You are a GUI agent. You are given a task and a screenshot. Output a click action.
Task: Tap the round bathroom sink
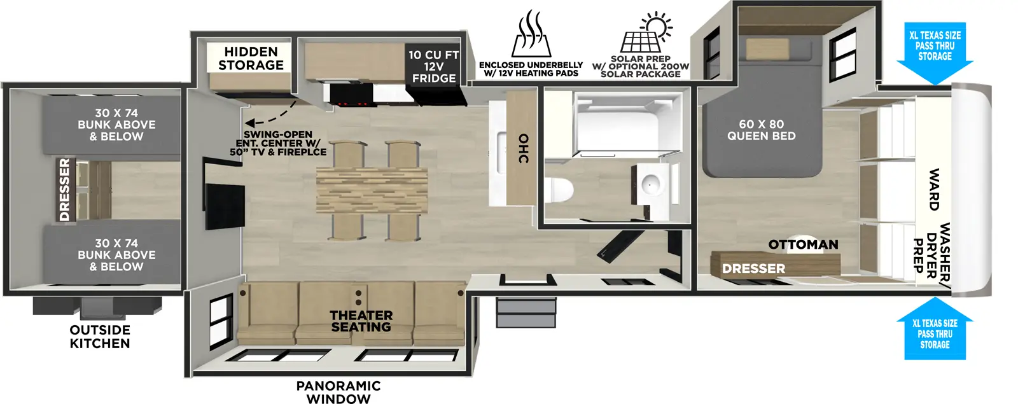[652, 185]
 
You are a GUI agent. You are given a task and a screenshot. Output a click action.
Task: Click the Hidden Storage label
[251, 59]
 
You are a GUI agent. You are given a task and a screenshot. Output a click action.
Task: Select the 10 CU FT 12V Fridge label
[433, 67]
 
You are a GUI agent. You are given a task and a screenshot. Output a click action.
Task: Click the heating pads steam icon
[531, 35]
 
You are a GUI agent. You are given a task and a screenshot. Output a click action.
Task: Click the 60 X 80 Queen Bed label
[761, 130]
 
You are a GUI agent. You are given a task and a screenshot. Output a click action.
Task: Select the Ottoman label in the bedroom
[803, 245]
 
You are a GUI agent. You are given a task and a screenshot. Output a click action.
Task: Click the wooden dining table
[372, 190]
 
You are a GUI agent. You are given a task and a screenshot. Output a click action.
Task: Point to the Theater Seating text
[361, 321]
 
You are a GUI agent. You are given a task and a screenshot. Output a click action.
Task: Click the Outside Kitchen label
[100, 337]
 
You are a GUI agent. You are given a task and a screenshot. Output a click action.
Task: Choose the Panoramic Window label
[338, 392]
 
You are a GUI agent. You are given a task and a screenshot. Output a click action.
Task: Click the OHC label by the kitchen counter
[523, 148]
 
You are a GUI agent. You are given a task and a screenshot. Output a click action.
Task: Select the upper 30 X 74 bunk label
[116, 125]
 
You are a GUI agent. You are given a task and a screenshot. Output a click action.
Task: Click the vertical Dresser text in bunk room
[64, 190]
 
